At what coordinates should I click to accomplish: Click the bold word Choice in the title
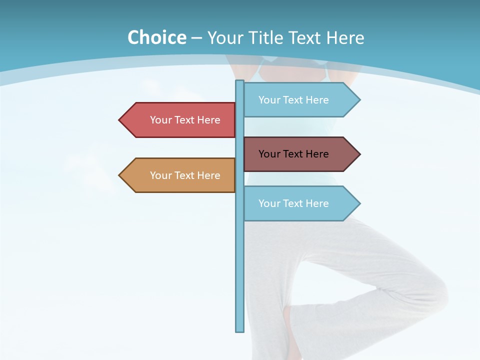[156, 37]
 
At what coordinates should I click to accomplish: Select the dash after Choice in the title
[196, 38]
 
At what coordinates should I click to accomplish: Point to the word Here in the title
[345, 37]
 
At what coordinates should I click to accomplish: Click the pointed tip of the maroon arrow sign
[359, 154]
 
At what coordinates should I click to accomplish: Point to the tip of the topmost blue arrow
[359, 100]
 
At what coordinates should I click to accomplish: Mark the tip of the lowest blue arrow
[359, 203]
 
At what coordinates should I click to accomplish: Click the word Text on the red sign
[185, 120]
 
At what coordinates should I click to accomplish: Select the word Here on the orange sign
[208, 175]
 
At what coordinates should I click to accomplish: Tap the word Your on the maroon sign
[269, 154]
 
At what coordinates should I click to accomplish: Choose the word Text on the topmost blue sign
[293, 100]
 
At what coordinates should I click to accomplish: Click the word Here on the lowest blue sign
[317, 203]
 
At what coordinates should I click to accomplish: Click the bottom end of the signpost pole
[239, 330]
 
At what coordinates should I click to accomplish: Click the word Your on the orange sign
[160, 175]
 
